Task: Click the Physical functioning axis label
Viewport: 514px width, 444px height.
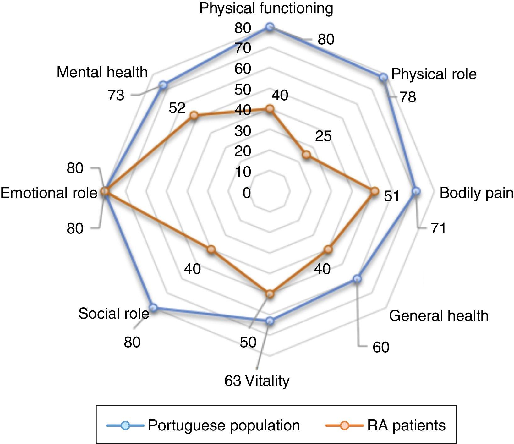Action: [266, 8]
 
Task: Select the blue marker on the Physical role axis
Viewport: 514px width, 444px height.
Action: [383, 77]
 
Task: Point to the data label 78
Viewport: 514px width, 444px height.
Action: [408, 97]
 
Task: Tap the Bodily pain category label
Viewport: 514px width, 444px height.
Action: [476, 193]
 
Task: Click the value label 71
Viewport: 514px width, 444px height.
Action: [438, 228]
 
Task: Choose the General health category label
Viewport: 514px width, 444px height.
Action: [439, 315]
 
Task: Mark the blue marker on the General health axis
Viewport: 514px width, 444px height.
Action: [357, 279]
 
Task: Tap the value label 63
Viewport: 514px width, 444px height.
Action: [232, 381]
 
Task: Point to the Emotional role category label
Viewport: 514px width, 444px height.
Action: [49, 193]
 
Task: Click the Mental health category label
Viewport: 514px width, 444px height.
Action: [102, 72]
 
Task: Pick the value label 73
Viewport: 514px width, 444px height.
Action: [116, 95]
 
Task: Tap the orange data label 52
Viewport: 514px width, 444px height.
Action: [177, 108]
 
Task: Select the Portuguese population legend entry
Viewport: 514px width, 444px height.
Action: [224, 425]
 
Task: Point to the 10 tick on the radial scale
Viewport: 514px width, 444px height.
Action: [243, 172]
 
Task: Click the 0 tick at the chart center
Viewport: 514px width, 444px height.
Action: [247, 193]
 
